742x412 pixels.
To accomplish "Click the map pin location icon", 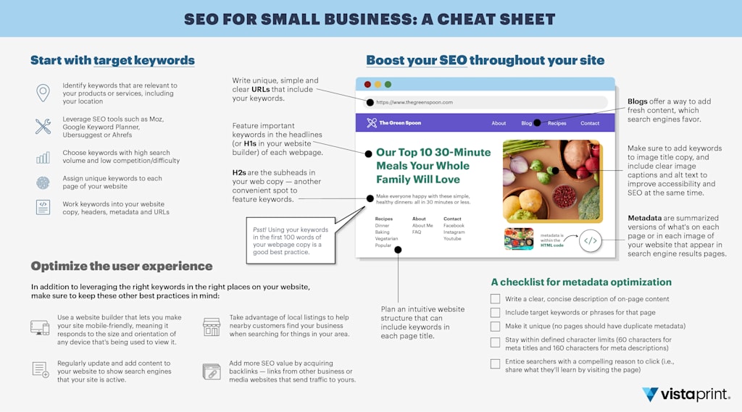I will click(x=43, y=93).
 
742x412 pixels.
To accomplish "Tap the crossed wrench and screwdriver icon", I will click(x=43, y=127).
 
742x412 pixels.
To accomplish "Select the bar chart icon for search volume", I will click(x=43, y=158).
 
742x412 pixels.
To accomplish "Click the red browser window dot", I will click(x=367, y=85).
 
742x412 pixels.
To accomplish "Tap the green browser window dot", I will click(x=388, y=85).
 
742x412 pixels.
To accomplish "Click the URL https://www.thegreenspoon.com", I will click(x=414, y=103).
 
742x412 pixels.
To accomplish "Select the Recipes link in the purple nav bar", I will click(x=556, y=123).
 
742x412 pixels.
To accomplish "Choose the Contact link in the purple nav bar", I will click(x=590, y=123).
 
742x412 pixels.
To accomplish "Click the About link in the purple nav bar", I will click(x=499, y=123).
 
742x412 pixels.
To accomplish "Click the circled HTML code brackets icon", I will click(x=591, y=241).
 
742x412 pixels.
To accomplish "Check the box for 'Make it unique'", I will click(x=495, y=327).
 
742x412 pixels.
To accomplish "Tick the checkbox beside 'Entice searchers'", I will click(x=495, y=363).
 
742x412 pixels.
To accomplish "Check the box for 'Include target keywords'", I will click(x=495, y=313).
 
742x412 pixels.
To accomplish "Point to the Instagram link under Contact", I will click(x=455, y=232).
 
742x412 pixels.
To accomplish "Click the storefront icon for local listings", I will click(x=211, y=327).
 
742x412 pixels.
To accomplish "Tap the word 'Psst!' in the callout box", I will click(x=259, y=230).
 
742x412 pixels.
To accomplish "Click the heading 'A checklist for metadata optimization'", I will click(x=581, y=282).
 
